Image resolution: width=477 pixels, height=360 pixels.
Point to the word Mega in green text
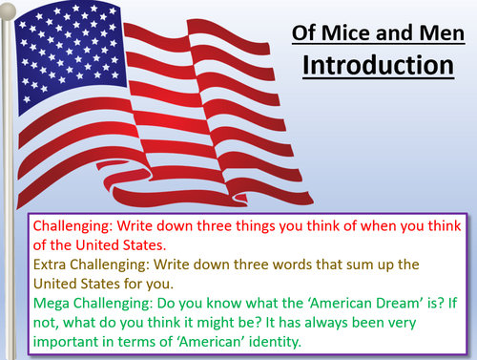click(54, 298)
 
